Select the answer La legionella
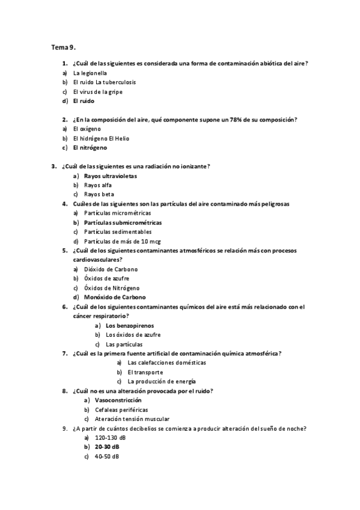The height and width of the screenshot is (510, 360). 90,73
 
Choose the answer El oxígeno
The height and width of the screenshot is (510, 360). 87,129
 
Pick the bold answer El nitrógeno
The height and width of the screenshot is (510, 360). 90,147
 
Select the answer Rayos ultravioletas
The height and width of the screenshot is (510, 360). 111,176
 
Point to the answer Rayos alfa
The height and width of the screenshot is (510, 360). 98,185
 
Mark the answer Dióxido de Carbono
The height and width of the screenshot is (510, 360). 111,269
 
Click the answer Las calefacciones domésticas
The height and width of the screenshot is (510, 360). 167,363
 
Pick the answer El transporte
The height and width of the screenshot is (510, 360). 145,372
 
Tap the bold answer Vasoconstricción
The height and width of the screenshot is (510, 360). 118,400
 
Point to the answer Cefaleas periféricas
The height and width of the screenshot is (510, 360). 121,410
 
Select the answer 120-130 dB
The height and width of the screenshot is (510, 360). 108,438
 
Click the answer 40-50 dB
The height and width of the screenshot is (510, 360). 106,456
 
